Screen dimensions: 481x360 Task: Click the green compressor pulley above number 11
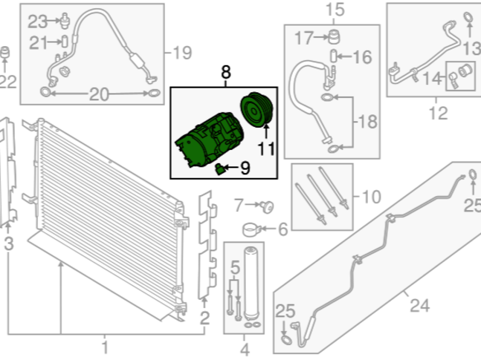256,110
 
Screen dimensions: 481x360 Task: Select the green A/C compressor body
210,140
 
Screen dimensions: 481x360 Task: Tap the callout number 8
226,73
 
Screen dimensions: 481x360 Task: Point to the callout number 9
245,168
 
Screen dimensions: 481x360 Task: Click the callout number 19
182,52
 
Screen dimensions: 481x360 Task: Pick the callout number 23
38,22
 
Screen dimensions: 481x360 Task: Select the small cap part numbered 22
4,52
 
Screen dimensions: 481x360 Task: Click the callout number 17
304,37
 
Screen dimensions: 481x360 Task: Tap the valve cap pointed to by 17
334,37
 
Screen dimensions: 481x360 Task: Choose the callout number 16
363,57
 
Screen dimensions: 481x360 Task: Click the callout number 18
367,122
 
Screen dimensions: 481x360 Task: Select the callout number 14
432,78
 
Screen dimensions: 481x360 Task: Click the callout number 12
438,113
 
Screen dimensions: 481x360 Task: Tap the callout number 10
371,197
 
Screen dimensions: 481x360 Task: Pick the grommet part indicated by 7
267,207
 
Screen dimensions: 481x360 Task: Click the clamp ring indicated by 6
252,230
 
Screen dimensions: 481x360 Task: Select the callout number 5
235,268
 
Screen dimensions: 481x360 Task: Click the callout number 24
419,305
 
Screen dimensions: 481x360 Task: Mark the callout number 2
204,318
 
